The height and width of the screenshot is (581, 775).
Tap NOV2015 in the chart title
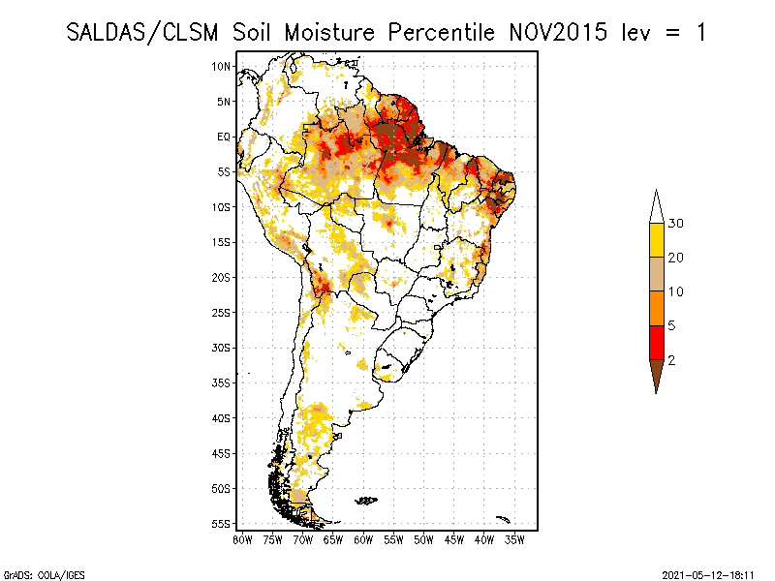click(x=556, y=32)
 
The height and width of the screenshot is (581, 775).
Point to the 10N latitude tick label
click(x=222, y=66)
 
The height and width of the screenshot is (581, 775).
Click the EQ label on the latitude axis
click(x=224, y=137)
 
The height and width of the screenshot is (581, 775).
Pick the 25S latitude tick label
click(x=222, y=312)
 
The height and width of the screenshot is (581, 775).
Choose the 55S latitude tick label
click(x=222, y=523)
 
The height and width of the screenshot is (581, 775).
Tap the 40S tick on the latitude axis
click(x=222, y=417)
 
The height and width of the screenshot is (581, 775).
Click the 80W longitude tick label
click(x=243, y=538)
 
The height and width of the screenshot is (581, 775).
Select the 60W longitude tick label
click(x=363, y=538)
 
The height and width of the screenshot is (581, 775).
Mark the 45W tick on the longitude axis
click(x=454, y=538)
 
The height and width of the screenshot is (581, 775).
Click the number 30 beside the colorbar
click(x=676, y=224)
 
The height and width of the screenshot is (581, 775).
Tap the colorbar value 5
click(x=671, y=326)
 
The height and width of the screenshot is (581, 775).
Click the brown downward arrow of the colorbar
click(x=656, y=375)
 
